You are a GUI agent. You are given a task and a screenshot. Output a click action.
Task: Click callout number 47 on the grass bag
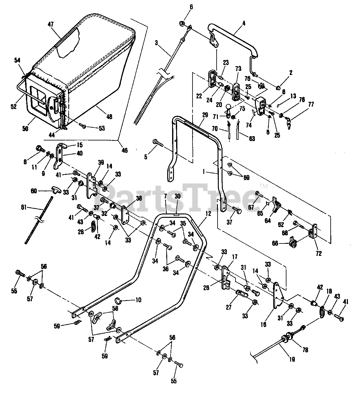(51, 24)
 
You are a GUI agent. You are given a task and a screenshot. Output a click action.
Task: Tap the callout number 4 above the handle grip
(244, 23)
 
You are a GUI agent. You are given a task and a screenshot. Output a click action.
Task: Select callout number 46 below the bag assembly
(125, 150)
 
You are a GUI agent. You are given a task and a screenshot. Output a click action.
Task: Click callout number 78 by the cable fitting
(305, 350)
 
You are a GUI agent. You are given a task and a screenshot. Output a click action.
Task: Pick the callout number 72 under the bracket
(319, 253)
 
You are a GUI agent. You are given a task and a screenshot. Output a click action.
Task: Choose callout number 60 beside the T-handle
(34, 191)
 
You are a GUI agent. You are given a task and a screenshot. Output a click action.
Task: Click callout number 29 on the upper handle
(205, 115)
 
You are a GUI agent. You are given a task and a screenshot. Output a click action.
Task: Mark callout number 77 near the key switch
(311, 104)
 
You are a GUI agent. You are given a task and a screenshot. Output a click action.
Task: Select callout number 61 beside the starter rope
(24, 208)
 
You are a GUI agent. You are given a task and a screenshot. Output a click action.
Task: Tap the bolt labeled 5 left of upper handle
(158, 144)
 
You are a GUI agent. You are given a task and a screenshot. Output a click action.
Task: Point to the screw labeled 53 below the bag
(83, 125)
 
